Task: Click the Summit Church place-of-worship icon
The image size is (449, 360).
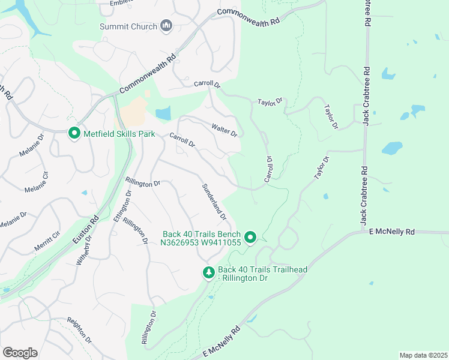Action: coord(167,26)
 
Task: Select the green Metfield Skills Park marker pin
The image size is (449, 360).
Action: coord(74,133)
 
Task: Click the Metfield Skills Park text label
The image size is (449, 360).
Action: coord(119,133)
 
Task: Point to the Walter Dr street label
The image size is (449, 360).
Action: coord(225,129)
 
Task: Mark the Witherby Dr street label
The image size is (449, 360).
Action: coord(84,249)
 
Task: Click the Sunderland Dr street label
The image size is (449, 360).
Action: coord(214,202)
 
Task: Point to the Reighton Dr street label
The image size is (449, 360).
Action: coord(79,331)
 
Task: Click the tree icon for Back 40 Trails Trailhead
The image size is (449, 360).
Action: coord(208,273)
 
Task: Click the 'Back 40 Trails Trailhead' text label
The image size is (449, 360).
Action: coord(262,270)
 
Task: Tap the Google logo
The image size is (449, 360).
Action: coord(20,353)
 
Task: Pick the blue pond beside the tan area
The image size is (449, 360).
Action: coord(163,113)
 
